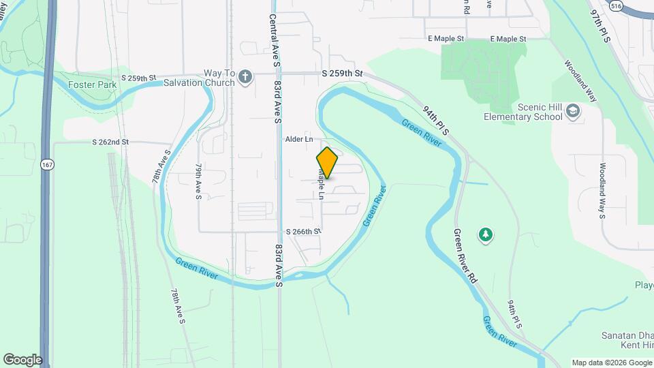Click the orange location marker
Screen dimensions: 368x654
coord(327,163)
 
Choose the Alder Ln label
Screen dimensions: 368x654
coord(299,139)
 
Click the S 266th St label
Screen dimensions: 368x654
coord(303,232)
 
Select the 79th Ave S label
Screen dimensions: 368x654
coord(198,181)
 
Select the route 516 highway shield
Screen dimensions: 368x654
coord(617,5)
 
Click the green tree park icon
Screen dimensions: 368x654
coord(486,235)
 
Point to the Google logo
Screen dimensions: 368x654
coord(22,360)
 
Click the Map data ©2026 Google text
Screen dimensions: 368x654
coord(610,363)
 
